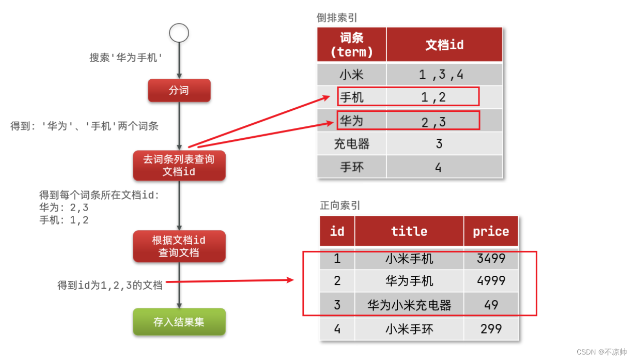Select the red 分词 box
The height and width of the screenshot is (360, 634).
pyautogui.click(x=179, y=90)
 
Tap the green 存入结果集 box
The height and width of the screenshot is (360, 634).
pyautogui.click(x=179, y=322)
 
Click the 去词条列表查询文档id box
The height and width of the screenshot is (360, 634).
pyautogui.click(x=179, y=165)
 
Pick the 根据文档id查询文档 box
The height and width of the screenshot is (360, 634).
pyautogui.click(x=179, y=246)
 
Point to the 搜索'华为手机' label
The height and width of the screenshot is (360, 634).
pyautogui.click(x=126, y=58)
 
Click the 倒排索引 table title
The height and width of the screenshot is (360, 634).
pyautogui.click(x=337, y=18)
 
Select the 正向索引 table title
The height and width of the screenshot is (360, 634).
pyautogui.click(x=340, y=206)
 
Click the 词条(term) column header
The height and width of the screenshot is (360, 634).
pyautogui.click(x=352, y=45)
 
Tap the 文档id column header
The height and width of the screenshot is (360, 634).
pyautogui.click(x=444, y=45)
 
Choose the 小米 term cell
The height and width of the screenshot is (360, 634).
pyautogui.click(x=352, y=74)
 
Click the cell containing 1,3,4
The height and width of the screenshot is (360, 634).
pyautogui.click(x=444, y=74)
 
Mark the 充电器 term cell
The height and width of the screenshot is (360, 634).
pyautogui.click(x=352, y=144)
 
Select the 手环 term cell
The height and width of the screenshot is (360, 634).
pyautogui.click(x=352, y=167)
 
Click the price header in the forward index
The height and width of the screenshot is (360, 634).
pyautogui.click(x=491, y=231)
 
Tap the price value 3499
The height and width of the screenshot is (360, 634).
pyautogui.click(x=491, y=258)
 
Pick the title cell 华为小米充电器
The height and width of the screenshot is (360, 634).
pyautogui.click(x=409, y=305)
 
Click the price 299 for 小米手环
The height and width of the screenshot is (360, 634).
pyautogui.click(x=491, y=329)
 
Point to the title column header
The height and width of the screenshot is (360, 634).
pyautogui.click(x=409, y=231)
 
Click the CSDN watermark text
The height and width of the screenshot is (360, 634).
pyautogui.click(x=601, y=352)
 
